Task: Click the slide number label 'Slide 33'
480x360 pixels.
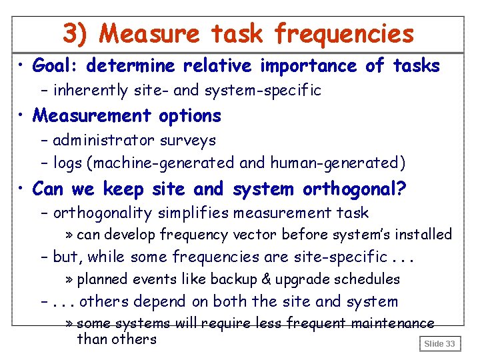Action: [x=440, y=344]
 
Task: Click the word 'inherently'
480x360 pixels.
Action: [x=84, y=90]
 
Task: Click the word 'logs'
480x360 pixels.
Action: [x=67, y=162]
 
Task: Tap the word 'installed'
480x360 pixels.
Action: [x=424, y=235]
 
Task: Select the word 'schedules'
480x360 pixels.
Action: [x=369, y=279]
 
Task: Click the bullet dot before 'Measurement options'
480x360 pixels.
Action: [x=23, y=117]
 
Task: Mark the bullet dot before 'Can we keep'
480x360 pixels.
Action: [x=23, y=190]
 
